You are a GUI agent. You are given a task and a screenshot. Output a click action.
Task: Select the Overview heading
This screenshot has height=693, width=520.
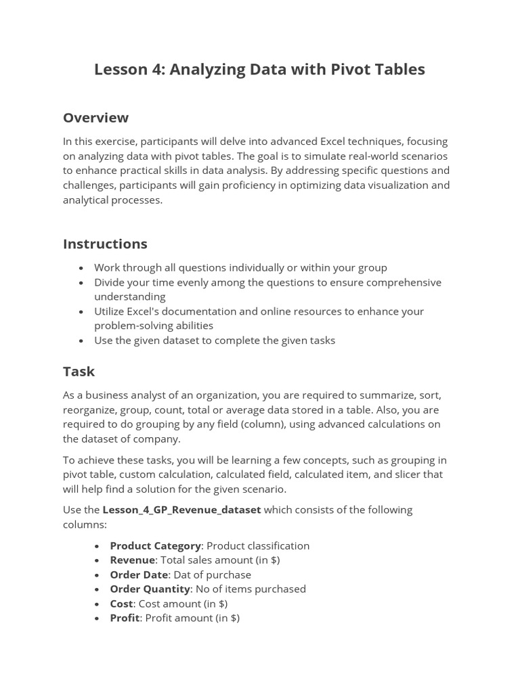tap(95, 118)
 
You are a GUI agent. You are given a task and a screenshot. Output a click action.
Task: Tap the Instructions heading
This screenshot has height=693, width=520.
tap(105, 244)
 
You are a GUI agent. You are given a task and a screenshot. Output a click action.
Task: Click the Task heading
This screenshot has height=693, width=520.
tap(79, 372)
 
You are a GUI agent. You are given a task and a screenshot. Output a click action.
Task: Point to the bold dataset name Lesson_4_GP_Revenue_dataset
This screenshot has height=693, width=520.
tap(181, 510)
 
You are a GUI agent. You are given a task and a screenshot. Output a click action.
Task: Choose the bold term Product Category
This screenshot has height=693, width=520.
tap(155, 545)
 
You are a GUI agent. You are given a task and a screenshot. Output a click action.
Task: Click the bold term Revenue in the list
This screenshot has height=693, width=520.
tap(133, 560)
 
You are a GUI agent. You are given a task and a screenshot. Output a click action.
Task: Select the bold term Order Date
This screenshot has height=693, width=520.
tap(138, 575)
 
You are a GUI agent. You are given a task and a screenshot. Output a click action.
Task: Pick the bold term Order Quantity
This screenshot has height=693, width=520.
tap(150, 589)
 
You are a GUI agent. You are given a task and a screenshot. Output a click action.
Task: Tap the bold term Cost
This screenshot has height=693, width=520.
tap(121, 604)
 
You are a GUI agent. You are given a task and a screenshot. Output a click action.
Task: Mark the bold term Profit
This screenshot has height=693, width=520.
tap(125, 618)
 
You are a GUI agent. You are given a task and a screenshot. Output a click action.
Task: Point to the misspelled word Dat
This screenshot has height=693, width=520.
tap(181, 575)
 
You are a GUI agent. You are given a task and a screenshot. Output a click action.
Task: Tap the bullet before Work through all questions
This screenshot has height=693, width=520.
tap(82, 268)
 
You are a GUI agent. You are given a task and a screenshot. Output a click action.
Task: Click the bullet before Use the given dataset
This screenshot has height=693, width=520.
tap(82, 341)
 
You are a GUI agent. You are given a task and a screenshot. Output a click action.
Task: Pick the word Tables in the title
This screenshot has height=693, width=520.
tap(400, 69)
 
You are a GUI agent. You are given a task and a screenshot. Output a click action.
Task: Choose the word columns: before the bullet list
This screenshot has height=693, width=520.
tap(85, 524)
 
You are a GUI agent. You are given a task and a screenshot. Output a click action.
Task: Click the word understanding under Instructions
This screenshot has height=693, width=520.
tap(129, 296)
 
